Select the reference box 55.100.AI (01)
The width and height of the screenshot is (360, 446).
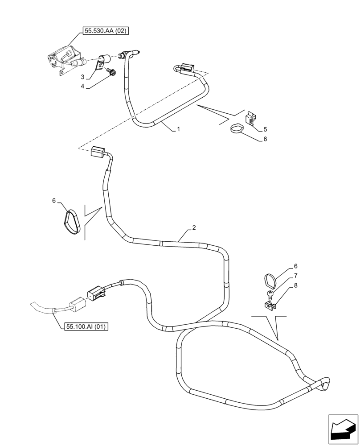click(86, 327)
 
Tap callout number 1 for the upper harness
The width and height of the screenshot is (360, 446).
click(179, 129)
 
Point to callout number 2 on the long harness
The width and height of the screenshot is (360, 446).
click(194, 228)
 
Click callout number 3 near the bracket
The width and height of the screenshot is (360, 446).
click(83, 77)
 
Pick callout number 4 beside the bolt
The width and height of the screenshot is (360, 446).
click(83, 87)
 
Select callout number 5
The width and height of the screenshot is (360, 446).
click(265, 129)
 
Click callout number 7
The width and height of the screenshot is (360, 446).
click(295, 276)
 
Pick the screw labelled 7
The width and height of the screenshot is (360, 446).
click(269, 293)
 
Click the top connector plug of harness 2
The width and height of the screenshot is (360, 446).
click(97, 152)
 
